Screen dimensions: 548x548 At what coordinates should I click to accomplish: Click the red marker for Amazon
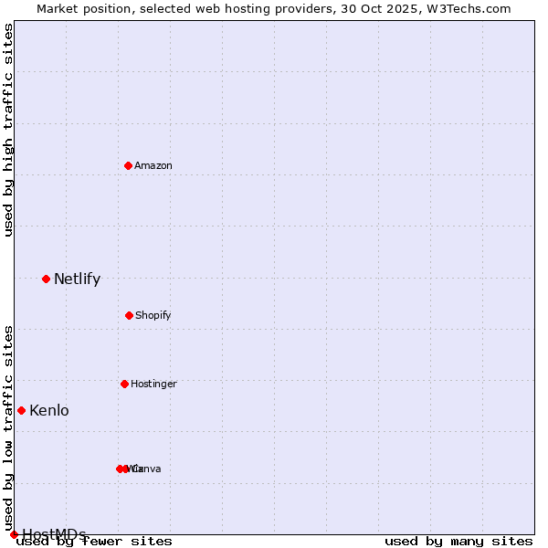click(129, 165)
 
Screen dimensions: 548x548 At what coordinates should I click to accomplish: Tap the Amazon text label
click(153, 165)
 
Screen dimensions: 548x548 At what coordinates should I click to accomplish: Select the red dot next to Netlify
click(46, 279)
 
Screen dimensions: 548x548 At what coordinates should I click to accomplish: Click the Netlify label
click(77, 279)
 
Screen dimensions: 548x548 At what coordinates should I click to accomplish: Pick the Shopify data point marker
click(129, 315)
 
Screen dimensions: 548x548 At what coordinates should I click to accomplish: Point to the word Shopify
click(153, 315)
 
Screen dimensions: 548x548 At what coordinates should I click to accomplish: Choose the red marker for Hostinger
click(124, 384)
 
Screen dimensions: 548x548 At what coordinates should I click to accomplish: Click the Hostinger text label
click(153, 384)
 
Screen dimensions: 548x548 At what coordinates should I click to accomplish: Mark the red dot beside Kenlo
click(21, 410)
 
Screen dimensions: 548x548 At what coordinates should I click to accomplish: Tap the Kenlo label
click(49, 411)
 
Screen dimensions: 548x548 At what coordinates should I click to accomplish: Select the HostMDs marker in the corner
click(14, 534)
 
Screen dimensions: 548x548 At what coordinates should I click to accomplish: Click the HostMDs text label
click(55, 534)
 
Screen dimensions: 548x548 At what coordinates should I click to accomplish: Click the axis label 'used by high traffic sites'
click(9, 130)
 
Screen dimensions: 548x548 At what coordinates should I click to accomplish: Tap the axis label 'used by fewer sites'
click(95, 541)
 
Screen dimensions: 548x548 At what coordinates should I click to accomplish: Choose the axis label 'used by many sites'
click(458, 541)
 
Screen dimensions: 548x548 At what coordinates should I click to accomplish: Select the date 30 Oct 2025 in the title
click(372, 8)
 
